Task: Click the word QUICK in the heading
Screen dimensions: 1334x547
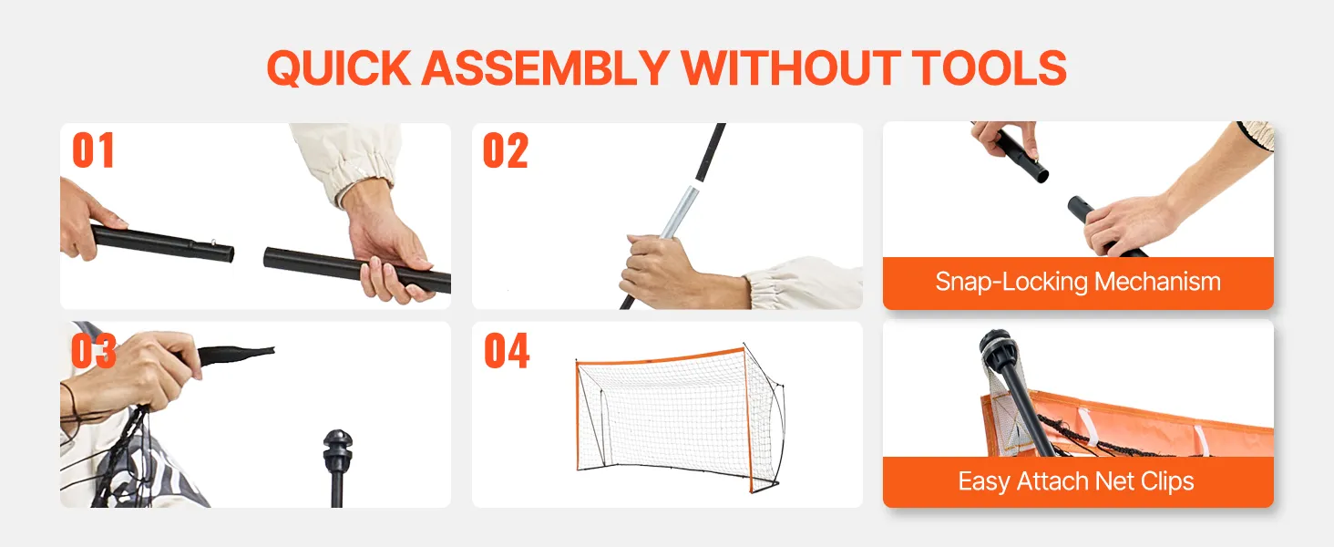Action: (x=339, y=68)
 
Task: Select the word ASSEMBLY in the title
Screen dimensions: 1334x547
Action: (x=545, y=68)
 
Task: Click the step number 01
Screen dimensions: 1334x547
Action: (x=93, y=150)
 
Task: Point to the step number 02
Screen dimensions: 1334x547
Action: (x=506, y=150)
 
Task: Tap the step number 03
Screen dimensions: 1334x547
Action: (x=94, y=350)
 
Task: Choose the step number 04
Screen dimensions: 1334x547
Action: (x=507, y=350)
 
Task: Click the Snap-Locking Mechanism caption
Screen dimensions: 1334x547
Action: (x=1078, y=282)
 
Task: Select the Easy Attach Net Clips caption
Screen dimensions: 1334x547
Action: (x=1076, y=481)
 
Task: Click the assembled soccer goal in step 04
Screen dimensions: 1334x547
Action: (x=680, y=418)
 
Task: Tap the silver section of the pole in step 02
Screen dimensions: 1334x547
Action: (x=680, y=211)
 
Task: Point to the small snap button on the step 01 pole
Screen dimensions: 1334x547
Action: (x=213, y=242)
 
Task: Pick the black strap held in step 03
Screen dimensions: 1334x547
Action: (x=236, y=356)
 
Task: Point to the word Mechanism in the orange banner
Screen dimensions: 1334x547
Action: (x=1158, y=281)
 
